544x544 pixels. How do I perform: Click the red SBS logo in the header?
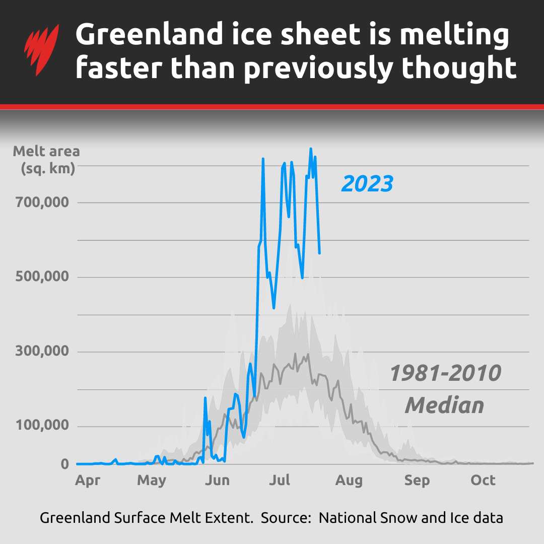pyautogui.click(x=42, y=50)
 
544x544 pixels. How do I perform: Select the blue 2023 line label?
pyautogui.click(x=367, y=184)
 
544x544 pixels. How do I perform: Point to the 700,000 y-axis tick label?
pyautogui.click(x=44, y=202)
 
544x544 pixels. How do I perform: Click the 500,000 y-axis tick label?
pyautogui.click(x=44, y=277)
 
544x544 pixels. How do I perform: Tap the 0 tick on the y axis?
pyautogui.click(x=64, y=464)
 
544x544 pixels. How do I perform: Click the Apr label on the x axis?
pyautogui.click(x=88, y=481)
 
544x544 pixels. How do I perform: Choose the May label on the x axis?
pyautogui.click(x=152, y=481)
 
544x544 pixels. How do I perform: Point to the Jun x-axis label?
pyautogui.click(x=217, y=481)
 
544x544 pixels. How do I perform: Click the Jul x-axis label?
pyautogui.click(x=279, y=481)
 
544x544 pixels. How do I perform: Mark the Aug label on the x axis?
pyautogui.click(x=349, y=481)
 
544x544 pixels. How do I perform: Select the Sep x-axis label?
pyautogui.click(x=417, y=481)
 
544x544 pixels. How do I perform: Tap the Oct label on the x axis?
pyautogui.click(x=483, y=481)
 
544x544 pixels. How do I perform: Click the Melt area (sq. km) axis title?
pyautogui.click(x=46, y=159)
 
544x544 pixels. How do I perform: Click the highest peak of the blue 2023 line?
pyautogui.click(x=311, y=149)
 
